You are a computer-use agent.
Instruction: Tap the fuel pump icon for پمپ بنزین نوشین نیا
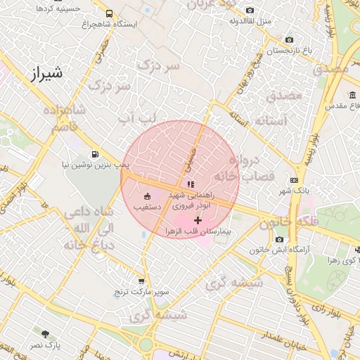click(95, 154)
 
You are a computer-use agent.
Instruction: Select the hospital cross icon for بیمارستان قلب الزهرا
click(198, 220)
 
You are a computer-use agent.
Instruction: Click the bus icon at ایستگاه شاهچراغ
click(109, 13)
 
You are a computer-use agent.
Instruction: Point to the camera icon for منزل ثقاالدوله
click(250, 10)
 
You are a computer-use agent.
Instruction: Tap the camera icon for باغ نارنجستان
click(289, 40)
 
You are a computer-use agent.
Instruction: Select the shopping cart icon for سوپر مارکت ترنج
click(142, 281)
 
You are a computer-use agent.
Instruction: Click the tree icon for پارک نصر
click(46, 335)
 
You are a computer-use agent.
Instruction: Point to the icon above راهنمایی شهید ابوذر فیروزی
click(191, 184)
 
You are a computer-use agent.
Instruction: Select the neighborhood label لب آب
click(134, 120)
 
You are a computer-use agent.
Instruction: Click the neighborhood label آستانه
click(271, 121)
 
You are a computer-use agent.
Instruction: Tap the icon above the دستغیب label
click(147, 197)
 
